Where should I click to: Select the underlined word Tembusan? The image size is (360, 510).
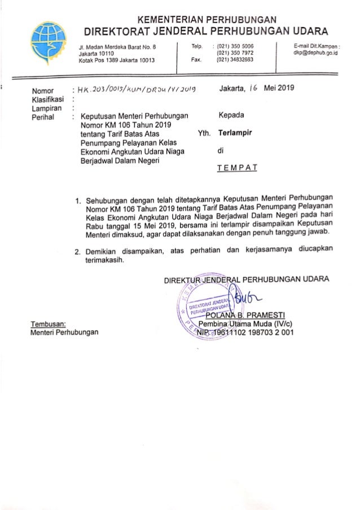pos(48,324)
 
